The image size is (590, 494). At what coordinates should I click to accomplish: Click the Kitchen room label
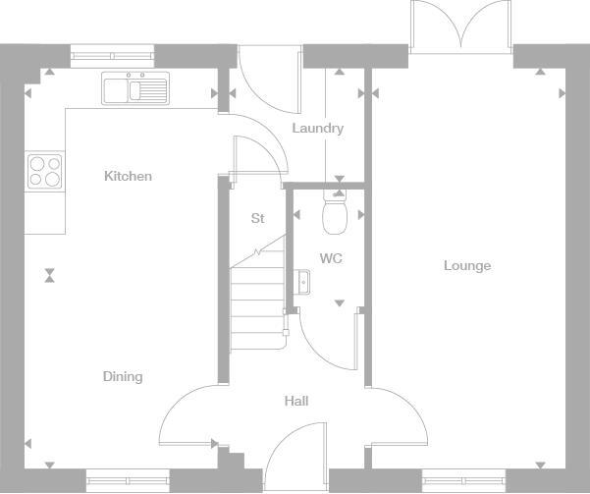(x=129, y=177)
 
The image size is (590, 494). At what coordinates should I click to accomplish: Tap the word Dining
(x=123, y=377)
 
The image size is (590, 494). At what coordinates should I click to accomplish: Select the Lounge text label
(x=466, y=266)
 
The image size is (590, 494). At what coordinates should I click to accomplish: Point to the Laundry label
(x=317, y=129)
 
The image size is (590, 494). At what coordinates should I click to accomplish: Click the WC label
(x=331, y=259)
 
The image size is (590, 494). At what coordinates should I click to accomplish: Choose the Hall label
(x=296, y=402)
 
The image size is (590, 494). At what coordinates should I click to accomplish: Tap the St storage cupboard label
(x=257, y=219)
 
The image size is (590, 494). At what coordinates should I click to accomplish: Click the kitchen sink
(x=135, y=89)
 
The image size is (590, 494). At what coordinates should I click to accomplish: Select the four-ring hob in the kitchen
(x=45, y=171)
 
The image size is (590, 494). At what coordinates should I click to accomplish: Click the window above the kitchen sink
(x=112, y=56)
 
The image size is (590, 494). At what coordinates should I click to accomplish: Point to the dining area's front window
(x=127, y=480)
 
